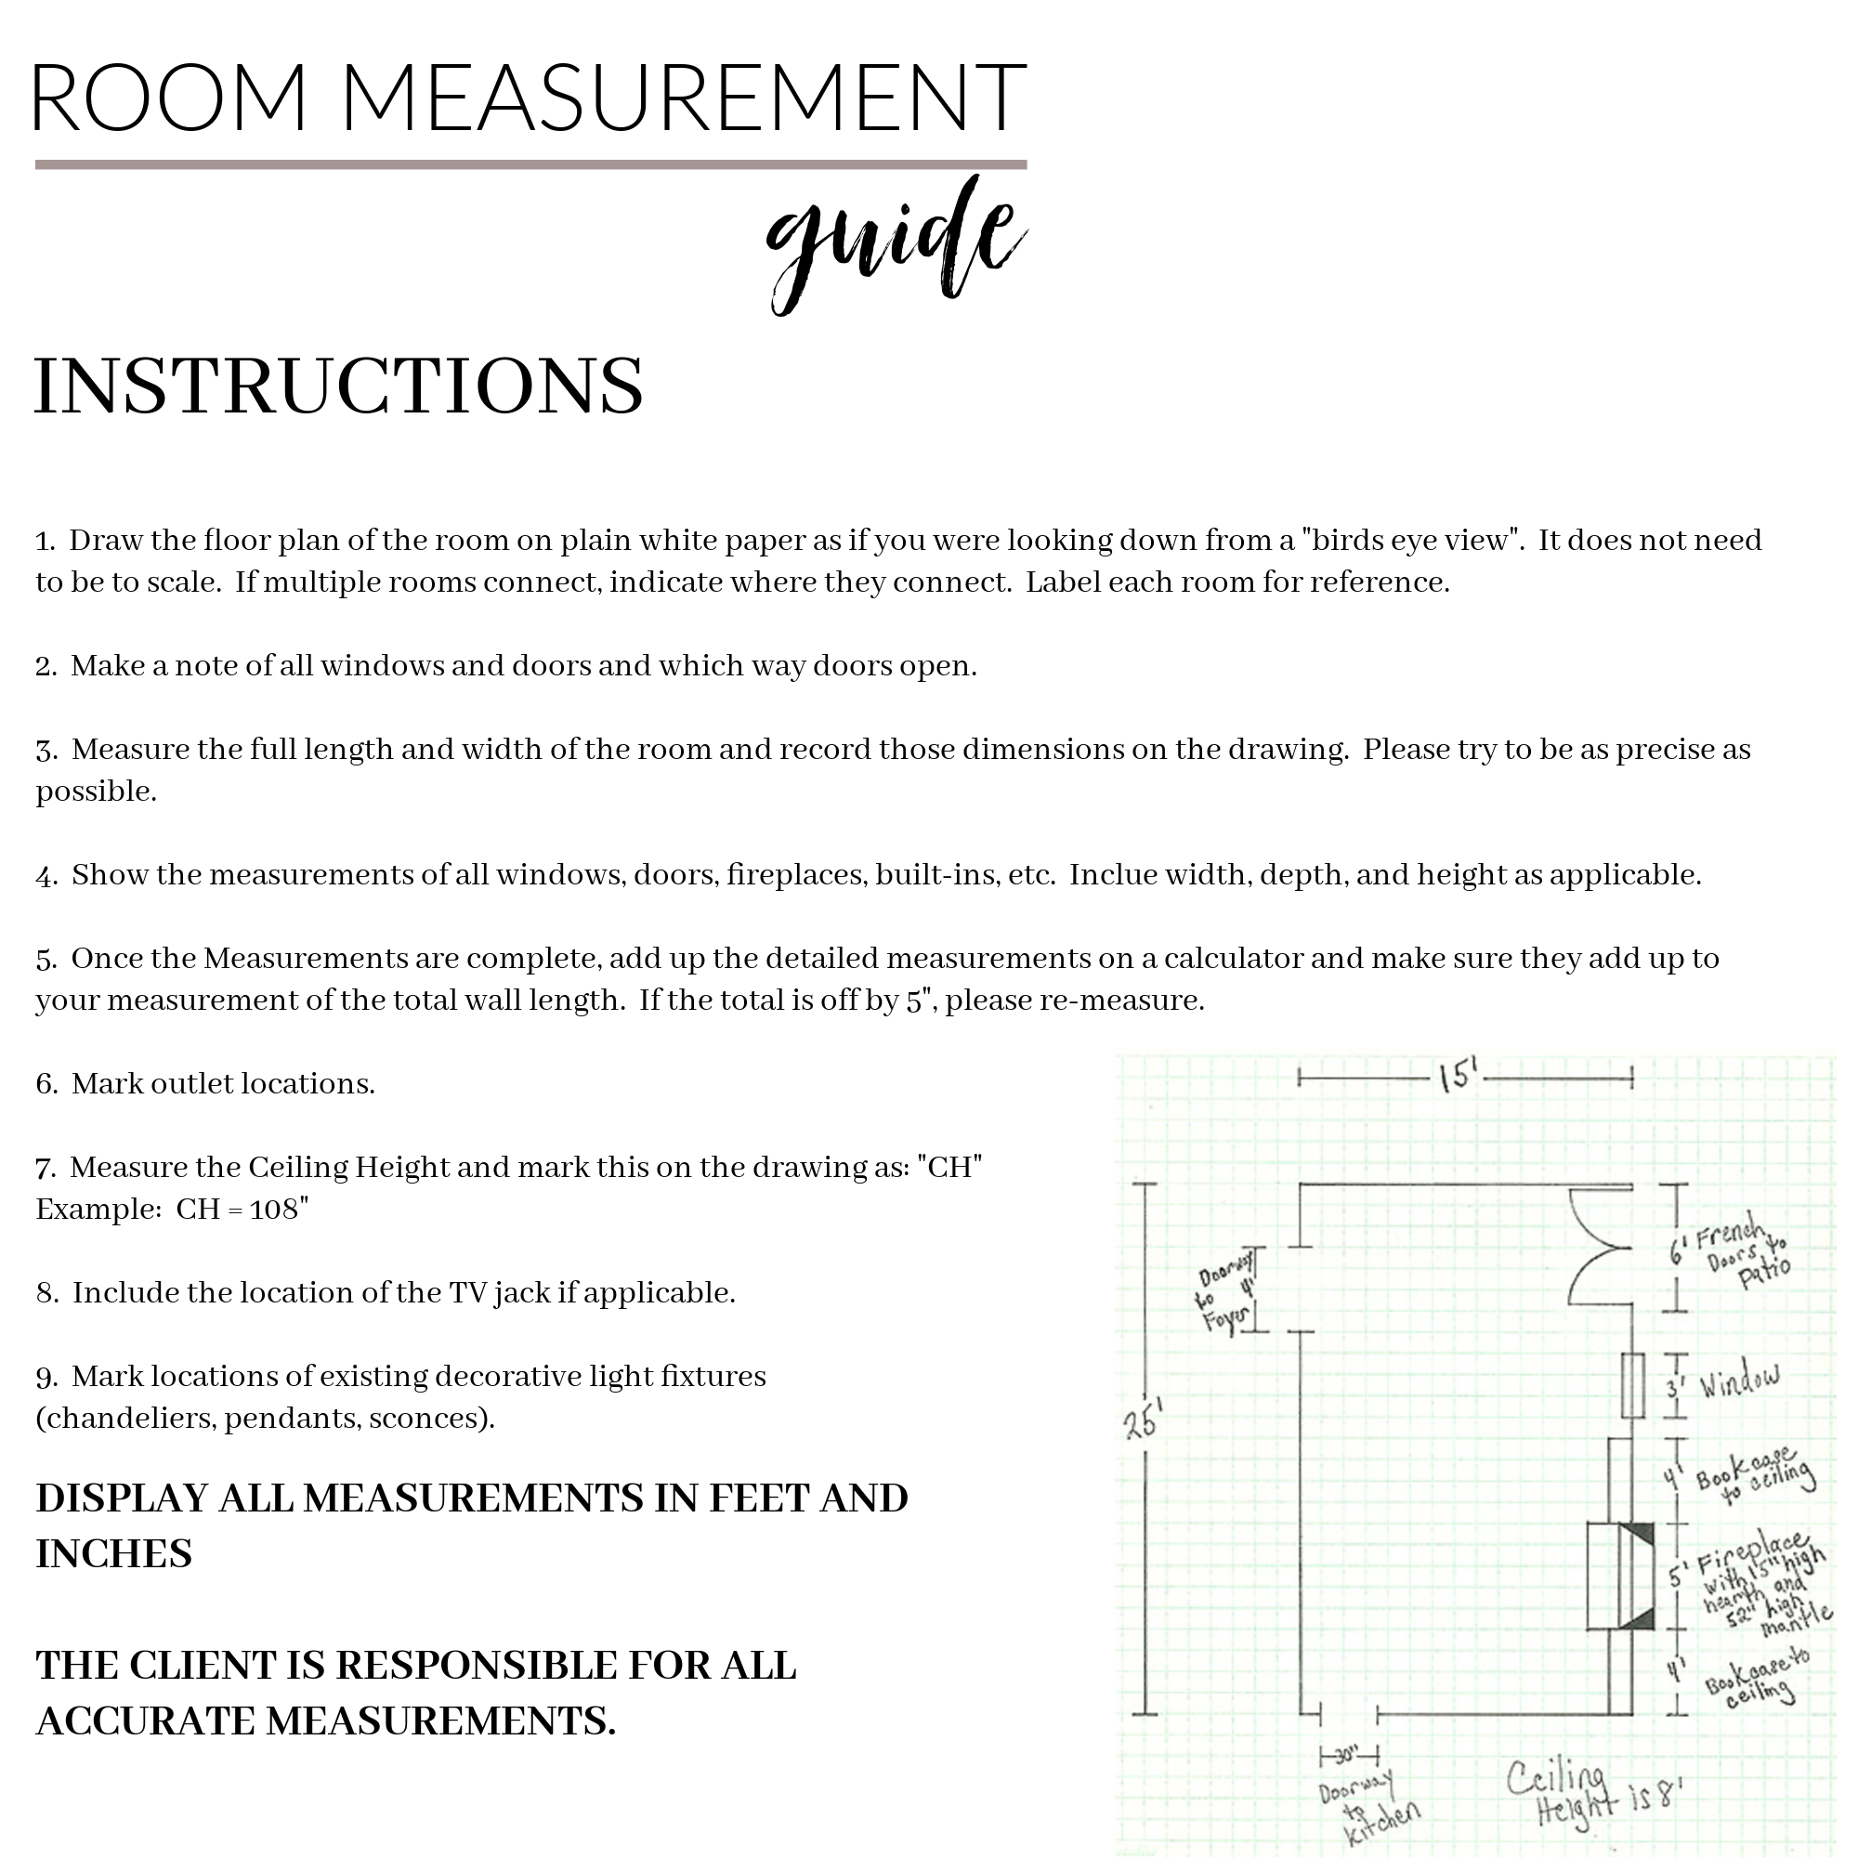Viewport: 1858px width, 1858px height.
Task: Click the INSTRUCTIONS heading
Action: click(x=338, y=386)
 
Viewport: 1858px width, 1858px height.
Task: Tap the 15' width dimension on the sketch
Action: click(x=1458, y=1076)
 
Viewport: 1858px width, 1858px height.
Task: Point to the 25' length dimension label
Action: click(x=1145, y=1420)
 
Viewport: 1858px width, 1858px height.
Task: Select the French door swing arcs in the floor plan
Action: click(x=1597, y=1247)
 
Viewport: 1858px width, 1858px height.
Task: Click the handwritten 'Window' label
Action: click(x=1739, y=1382)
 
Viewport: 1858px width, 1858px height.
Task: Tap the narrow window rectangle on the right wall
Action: click(x=1632, y=1385)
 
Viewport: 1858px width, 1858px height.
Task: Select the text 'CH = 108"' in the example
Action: click(x=242, y=1209)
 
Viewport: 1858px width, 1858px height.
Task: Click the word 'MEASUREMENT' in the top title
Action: click(x=684, y=98)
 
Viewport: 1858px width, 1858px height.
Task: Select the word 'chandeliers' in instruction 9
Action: click(x=131, y=1419)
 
